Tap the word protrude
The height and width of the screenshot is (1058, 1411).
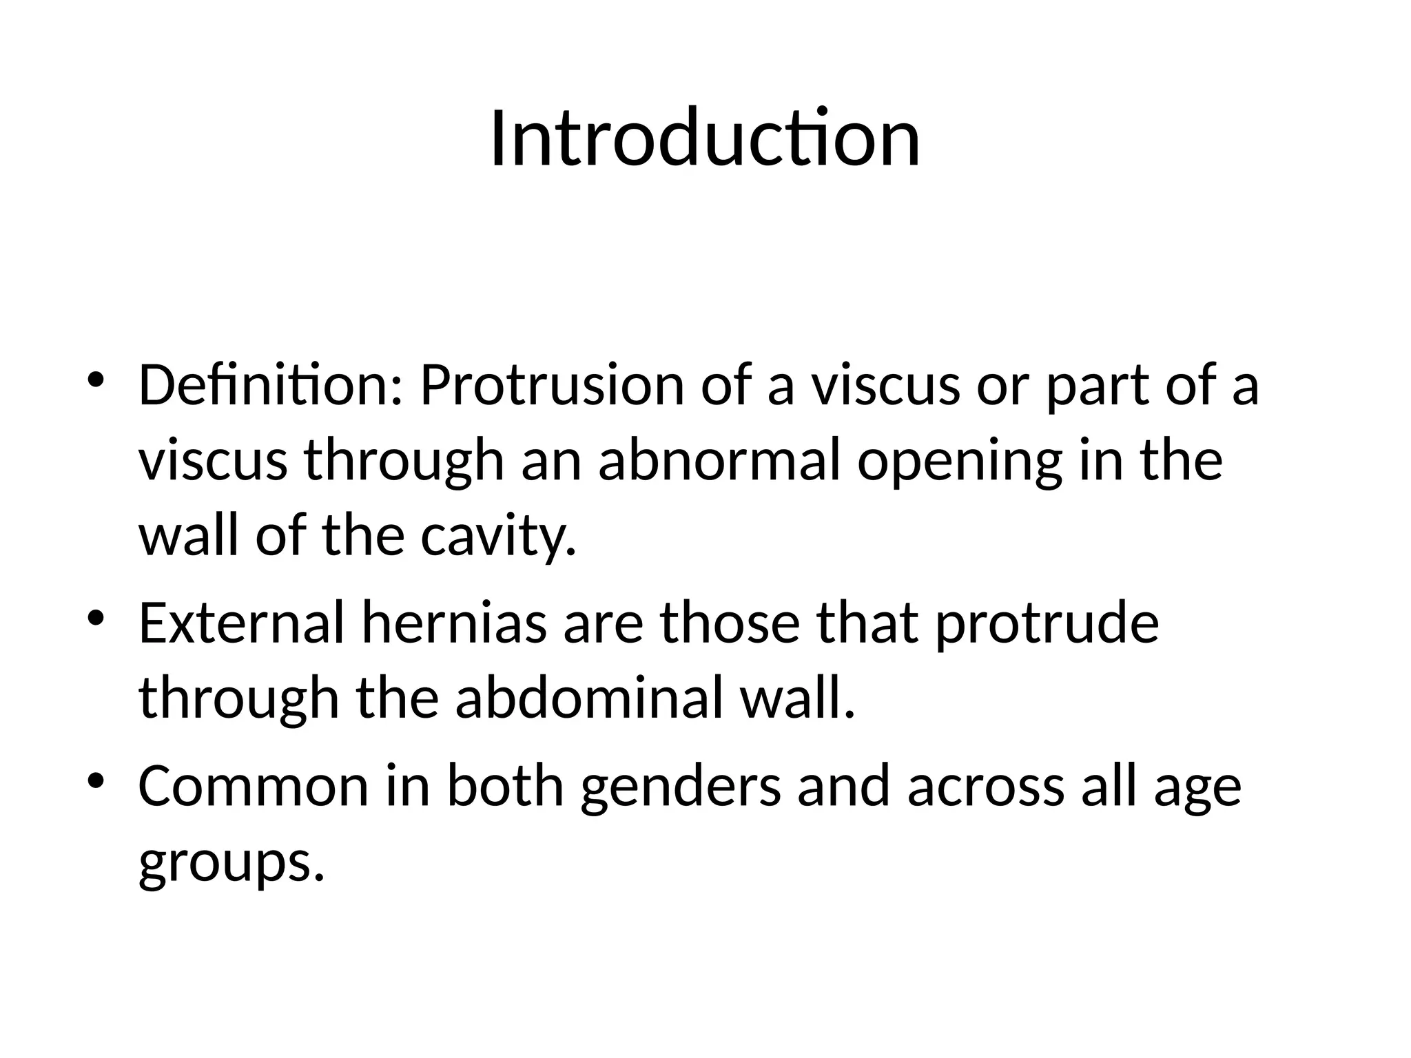tap(1047, 624)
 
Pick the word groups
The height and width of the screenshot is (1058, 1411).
tap(231, 862)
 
